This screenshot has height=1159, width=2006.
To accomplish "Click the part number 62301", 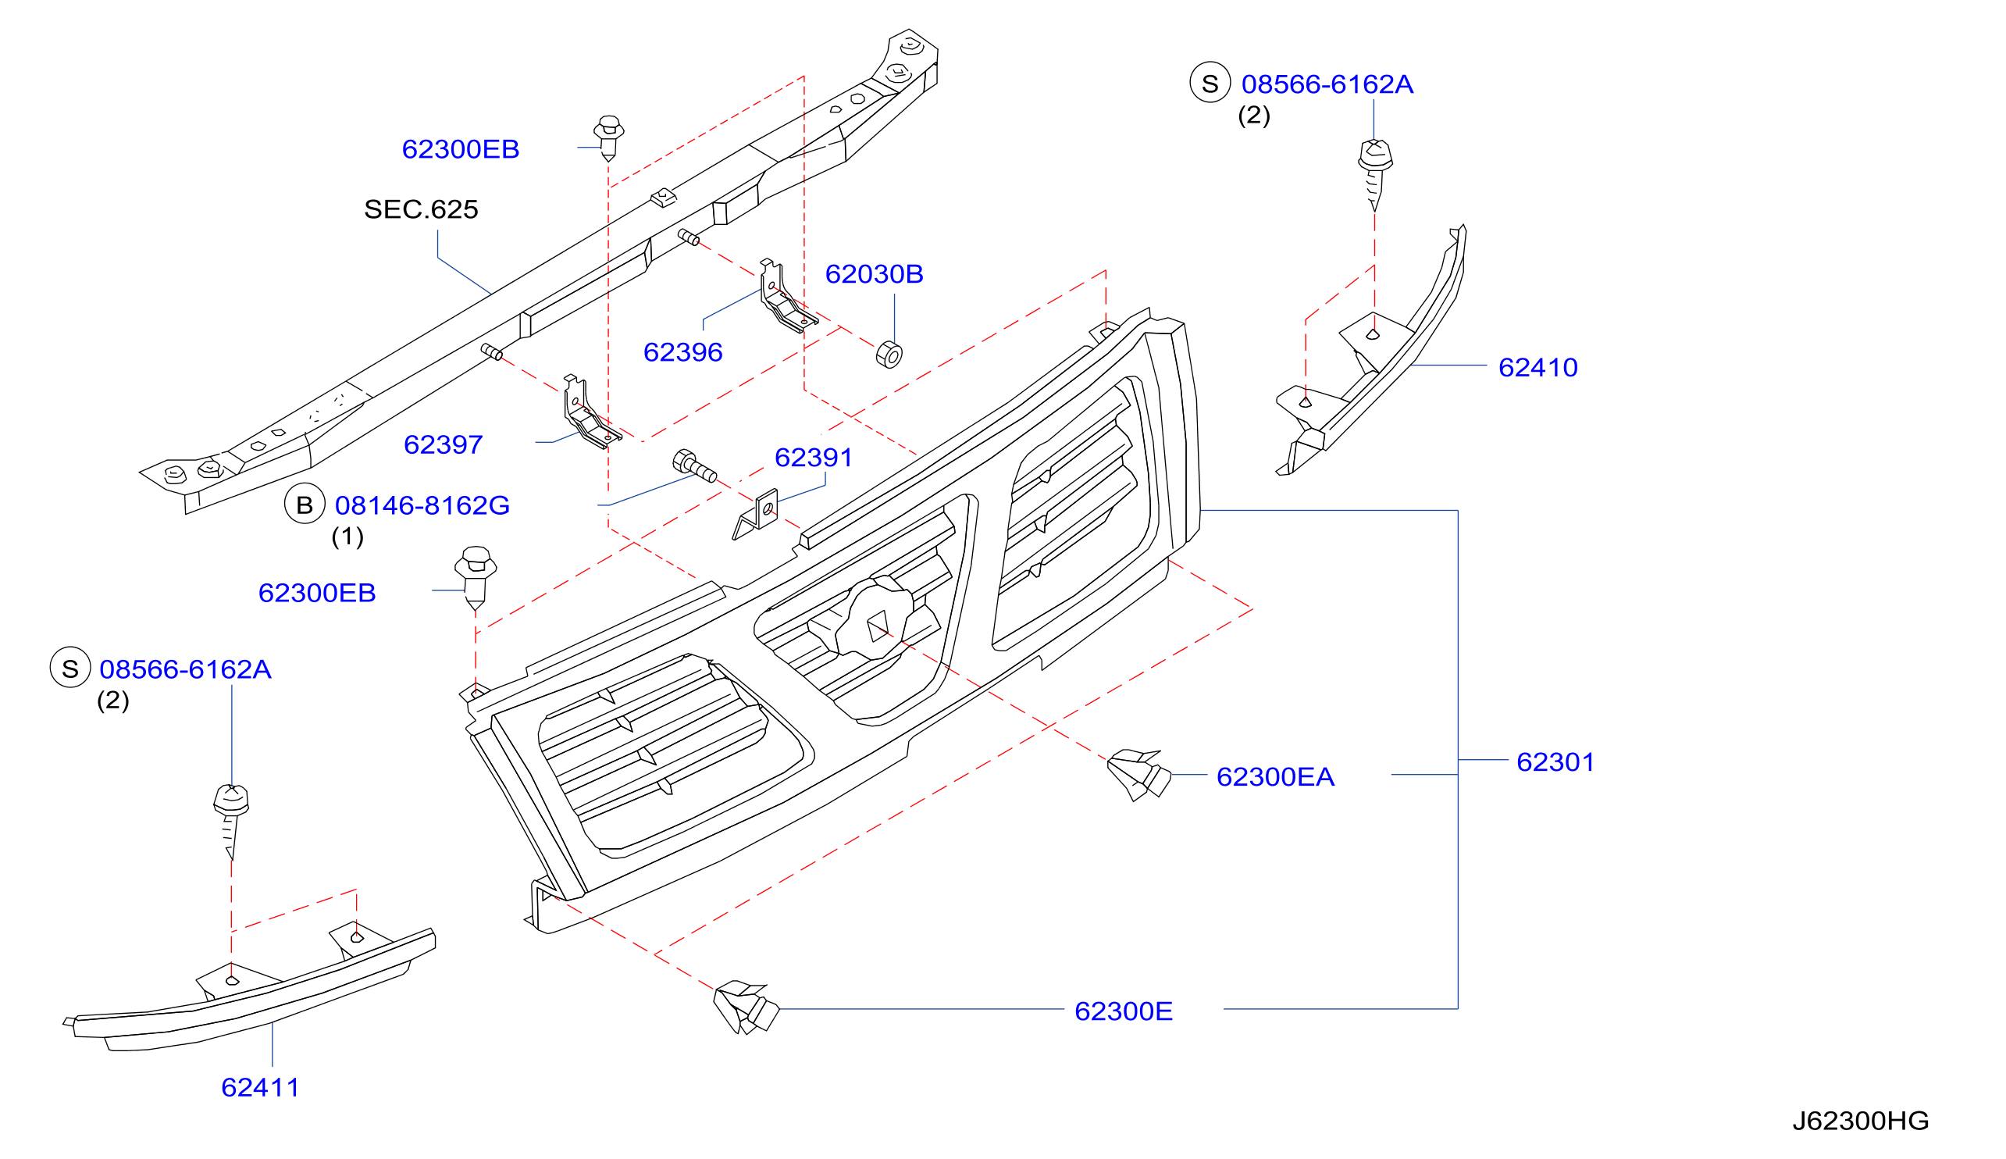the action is click(x=1555, y=761).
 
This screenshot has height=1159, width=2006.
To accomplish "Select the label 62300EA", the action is click(x=1275, y=777).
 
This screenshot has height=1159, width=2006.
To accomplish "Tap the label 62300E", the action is click(x=1123, y=1011).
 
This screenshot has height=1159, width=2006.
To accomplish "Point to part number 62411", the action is click(x=260, y=1087).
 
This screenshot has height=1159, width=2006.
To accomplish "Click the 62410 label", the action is click(x=1537, y=367).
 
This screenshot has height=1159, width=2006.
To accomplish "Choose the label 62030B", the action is click(x=874, y=274).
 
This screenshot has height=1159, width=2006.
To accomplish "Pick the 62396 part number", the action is click(x=682, y=351).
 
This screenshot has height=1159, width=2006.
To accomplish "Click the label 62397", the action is click(x=444, y=444).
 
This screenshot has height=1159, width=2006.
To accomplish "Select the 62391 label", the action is click(x=813, y=457).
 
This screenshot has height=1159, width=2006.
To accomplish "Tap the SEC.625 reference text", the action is click(x=421, y=209).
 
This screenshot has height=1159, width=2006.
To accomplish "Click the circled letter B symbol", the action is click(x=305, y=504).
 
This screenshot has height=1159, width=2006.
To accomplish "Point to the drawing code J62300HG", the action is click(x=1861, y=1121).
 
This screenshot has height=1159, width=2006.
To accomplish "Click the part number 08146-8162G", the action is click(x=422, y=505).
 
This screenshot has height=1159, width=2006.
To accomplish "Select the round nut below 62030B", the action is click(x=889, y=355).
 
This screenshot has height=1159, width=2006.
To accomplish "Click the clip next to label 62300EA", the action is click(x=1138, y=775).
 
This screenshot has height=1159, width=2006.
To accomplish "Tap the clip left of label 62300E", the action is click(x=746, y=1007).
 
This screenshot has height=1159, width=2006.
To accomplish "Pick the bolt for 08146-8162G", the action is click(x=694, y=465).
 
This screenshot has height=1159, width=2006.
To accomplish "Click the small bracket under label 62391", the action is click(x=756, y=515).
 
